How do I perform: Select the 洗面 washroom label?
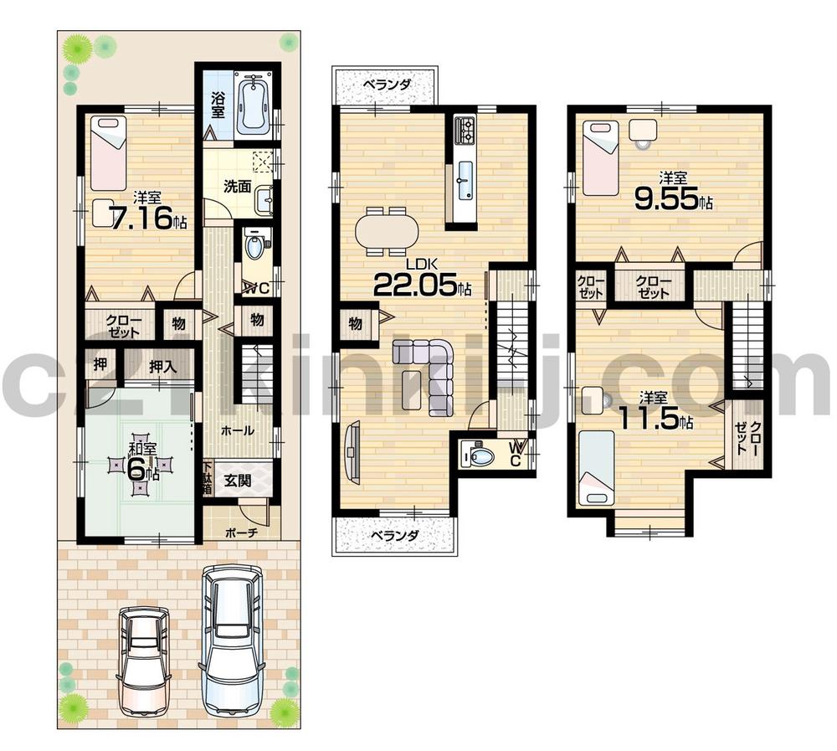tap(237, 186)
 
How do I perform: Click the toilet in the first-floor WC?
tap(254, 247)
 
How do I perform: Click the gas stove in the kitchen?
tap(465, 130)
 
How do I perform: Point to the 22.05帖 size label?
tap(421, 285)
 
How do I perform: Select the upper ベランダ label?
tap(388, 85)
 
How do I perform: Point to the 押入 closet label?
tap(163, 365)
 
